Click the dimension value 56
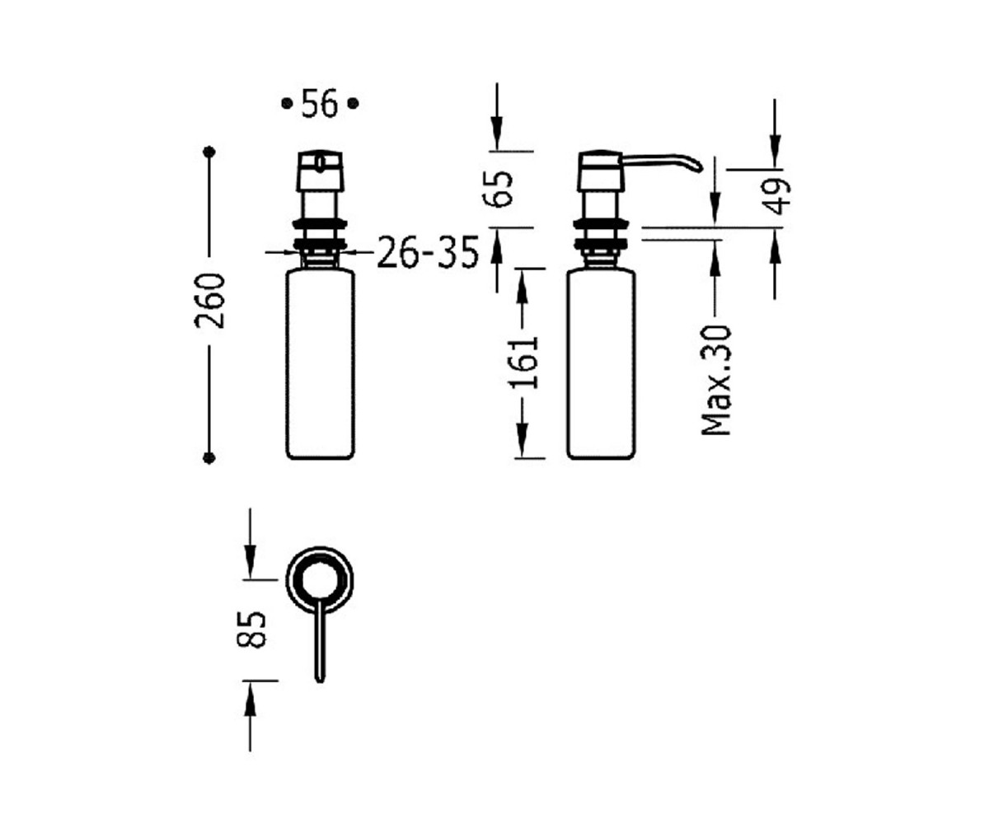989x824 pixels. coord(320,103)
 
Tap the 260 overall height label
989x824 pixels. coord(209,301)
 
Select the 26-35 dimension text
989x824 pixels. coord(428,252)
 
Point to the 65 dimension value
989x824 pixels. coord(498,189)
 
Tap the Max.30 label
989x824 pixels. coord(716,380)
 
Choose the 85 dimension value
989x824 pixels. coord(251,629)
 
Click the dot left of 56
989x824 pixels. coord(287,103)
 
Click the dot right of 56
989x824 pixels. coord(354,103)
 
